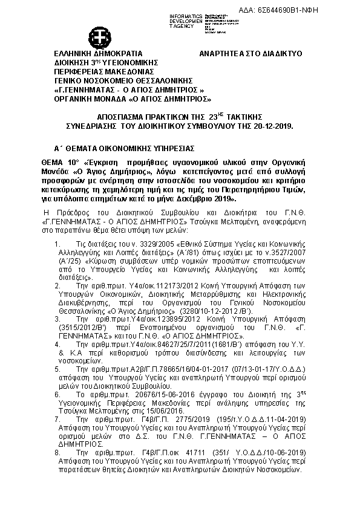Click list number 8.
(x=57, y=451)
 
